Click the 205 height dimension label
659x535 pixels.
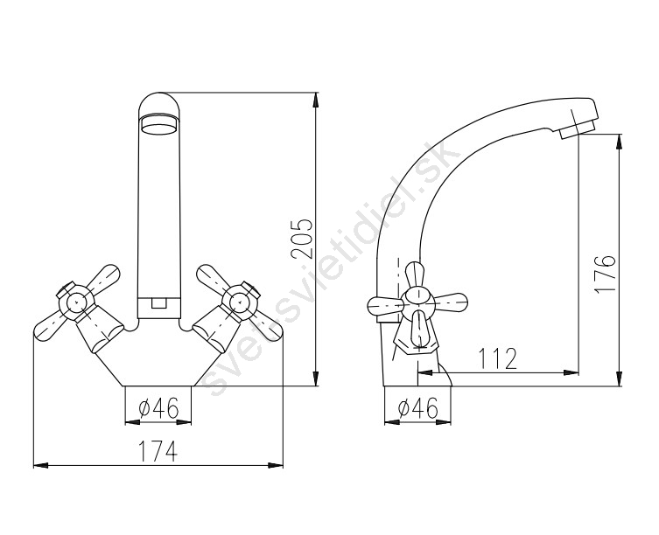[x=302, y=238]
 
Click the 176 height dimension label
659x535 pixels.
[x=606, y=274]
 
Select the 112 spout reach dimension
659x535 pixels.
[x=498, y=359]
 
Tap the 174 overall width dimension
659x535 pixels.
[x=158, y=451]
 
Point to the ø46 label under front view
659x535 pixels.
[x=158, y=407]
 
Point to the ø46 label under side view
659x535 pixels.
[x=417, y=407]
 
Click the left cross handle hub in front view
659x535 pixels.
[x=75, y=301]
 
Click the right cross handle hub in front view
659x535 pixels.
[x=240, y=301]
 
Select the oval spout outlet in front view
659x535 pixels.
[x=159, y=124]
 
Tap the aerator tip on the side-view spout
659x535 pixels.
[x=578, y=129]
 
